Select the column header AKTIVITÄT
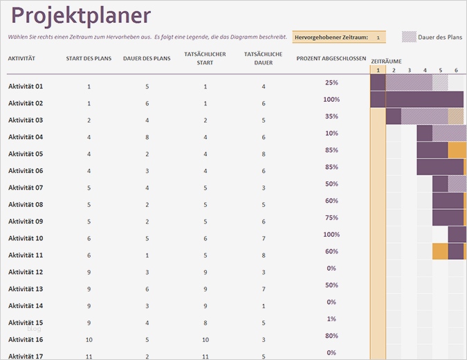[x=21, y=59]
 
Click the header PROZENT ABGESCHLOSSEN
[x=331, y=59]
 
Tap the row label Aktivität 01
[x=26, y=87]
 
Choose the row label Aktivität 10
[x=26, y=238]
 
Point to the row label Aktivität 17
[x=26, y=356]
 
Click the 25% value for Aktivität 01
[x=331, y=82]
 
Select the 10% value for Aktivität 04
[x=331, y=133]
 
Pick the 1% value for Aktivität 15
[x=331, y=318]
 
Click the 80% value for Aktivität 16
[x=331, y=336]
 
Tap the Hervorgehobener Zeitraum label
[x=331, y=37]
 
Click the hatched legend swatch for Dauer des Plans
[x=408, y=37]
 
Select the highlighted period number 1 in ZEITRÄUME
[x=378, y=70]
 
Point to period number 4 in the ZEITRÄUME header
[x=425, y=70]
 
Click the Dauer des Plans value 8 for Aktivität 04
[x=147, y=137]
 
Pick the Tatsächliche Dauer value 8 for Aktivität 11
[x=264, y=255]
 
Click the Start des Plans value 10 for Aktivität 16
[x=89, y=340]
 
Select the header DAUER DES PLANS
[x=147, y=59]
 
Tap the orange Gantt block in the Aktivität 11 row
[x=440, y=251]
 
